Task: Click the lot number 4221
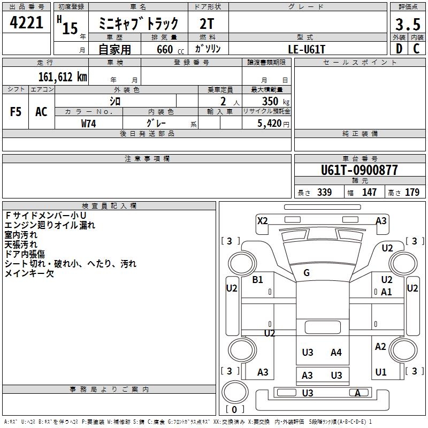coord(27,23)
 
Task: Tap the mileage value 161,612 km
coord(62,77)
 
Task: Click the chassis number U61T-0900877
coord(360,171)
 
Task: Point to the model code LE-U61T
coord(305,49)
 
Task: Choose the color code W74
coord(89,123)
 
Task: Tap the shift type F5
coord(16,112)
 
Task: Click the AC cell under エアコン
coord(41,112)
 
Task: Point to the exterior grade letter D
coord(399,49)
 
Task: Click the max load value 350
coord(270,101)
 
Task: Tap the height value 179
coord(412,193)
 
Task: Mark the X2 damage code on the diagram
coord(262,220)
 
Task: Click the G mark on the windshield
coord(307,273)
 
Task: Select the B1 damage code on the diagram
coord(258,280)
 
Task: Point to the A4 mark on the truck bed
coord(336,352)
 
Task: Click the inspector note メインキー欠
coord(29,273)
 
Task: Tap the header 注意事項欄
coord(147,159)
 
